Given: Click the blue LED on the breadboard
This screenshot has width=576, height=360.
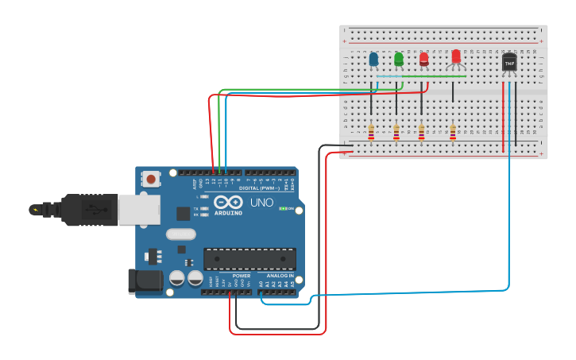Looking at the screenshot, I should point(373,60).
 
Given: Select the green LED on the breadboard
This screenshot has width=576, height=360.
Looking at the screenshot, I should point(398,60).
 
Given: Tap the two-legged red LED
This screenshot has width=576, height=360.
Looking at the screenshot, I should point(423,60).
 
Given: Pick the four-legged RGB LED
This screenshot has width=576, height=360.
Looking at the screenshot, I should point(455,57).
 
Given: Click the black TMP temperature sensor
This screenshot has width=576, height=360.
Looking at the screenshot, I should point(509,62).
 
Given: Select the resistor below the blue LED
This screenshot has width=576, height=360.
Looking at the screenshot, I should point(371,131).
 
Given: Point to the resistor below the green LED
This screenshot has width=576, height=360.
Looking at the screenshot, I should point(396,131).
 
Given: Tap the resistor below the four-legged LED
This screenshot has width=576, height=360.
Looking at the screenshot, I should point(453,131).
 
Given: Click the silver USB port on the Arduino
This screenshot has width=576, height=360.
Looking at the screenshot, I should point(137,209).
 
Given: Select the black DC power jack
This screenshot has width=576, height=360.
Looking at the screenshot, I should point(145,281).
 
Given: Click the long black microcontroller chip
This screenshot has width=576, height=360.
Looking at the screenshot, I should point(249,259).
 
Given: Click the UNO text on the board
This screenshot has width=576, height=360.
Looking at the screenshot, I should point(262,203).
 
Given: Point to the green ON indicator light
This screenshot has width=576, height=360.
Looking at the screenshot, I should point(282,209).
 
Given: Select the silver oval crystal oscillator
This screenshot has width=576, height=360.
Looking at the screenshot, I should point(181,234).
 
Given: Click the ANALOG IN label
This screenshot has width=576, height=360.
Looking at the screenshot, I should point(279,276).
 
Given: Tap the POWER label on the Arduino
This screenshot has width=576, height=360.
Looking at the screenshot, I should point(242,276).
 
